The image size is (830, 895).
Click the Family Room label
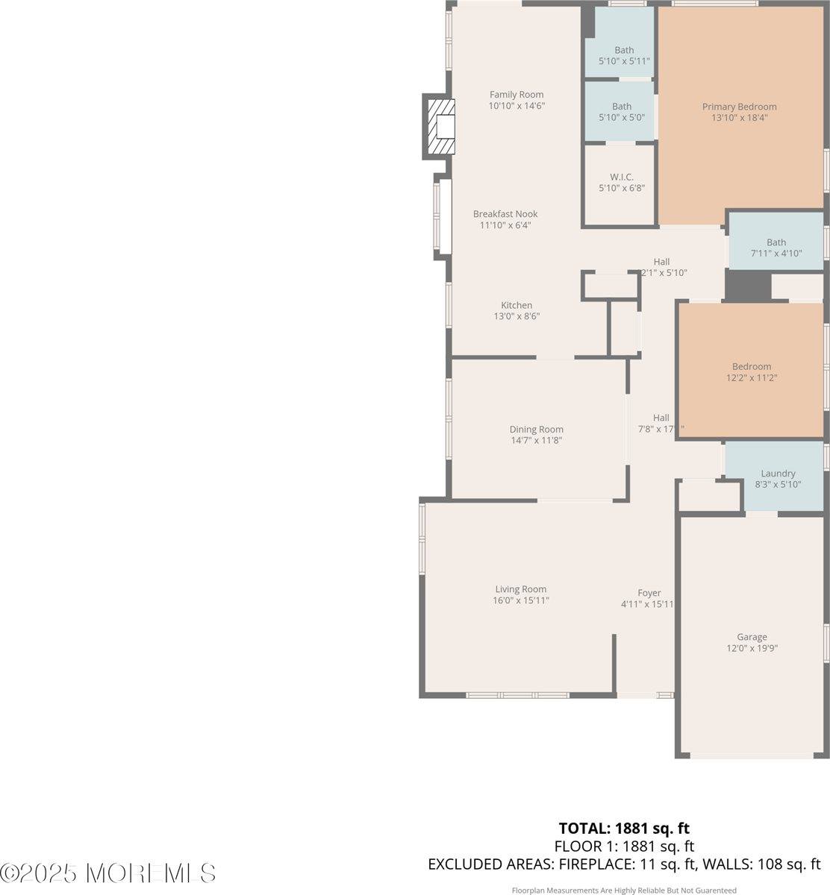tap(517, 95)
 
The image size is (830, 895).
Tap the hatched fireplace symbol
tap(440, 126)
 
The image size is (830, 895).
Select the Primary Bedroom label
tap(739, 107)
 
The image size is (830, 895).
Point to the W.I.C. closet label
tap(621, 177)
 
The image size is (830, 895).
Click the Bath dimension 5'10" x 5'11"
tap(624, 61)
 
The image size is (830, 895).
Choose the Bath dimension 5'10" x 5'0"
tap(622, 117)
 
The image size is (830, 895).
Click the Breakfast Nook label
tap(505, 214)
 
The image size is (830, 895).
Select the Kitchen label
tap(517, 305)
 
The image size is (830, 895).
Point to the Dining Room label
tap(536, 430)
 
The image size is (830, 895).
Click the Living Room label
tap(521, 589)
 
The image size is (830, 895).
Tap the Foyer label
tap(649, 593)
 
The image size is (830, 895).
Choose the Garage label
tap(752, 637)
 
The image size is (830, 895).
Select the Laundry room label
tap(778, 474)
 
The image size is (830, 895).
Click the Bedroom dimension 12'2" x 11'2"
tap(752, 378)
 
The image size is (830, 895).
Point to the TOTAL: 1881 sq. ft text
tap(624, 828)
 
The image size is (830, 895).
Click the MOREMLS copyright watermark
tap(108, 873)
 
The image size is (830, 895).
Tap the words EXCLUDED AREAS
tap(489, 864)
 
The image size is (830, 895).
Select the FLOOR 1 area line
tap(624, 847)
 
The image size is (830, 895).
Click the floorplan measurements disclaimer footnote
tap(624, 891)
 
